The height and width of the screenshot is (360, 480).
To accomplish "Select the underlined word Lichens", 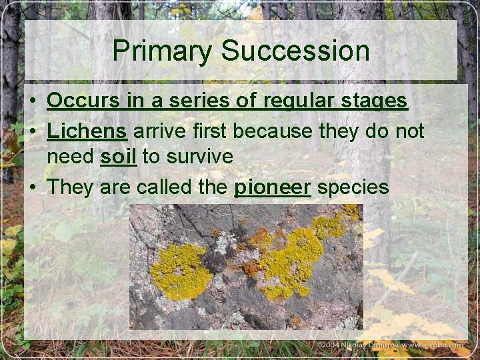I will click(x=87, y=132).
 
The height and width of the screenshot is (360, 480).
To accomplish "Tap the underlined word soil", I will click(x=119, y=157).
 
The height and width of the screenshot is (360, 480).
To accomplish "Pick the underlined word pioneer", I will click(x=273, y=187).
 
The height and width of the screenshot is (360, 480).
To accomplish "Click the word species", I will click(x=353, y=188).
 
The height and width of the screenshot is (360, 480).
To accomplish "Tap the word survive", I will click(x=199, y=157).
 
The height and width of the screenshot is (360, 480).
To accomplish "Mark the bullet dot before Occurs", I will click(x=33, y=102).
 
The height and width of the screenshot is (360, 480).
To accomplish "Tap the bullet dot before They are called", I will click(x=33, y=188).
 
